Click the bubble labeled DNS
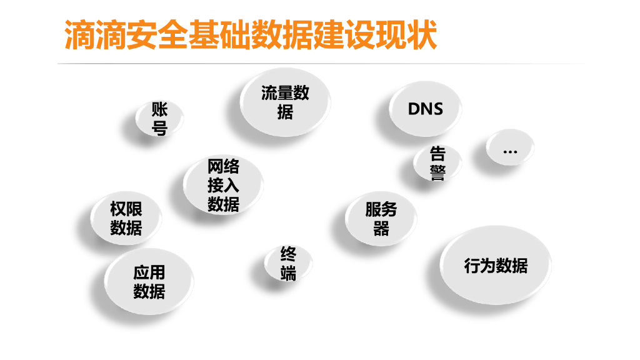coord(426,108)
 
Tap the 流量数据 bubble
coord(285,102)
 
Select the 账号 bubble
coord(160,119)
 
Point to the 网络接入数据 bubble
coord(223,185)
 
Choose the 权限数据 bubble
coord(126,218)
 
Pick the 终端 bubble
coord(288,263)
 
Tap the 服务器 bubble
coord(381,219)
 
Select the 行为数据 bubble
coord(496,266)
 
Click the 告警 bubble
coord(437,162)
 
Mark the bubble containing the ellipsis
coord(510,149)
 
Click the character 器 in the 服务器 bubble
coord(381,229)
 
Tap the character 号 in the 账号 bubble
coord(160,129)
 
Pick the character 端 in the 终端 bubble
coord(288,273)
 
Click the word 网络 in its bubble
coord(223,166)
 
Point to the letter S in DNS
coord(437,109)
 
